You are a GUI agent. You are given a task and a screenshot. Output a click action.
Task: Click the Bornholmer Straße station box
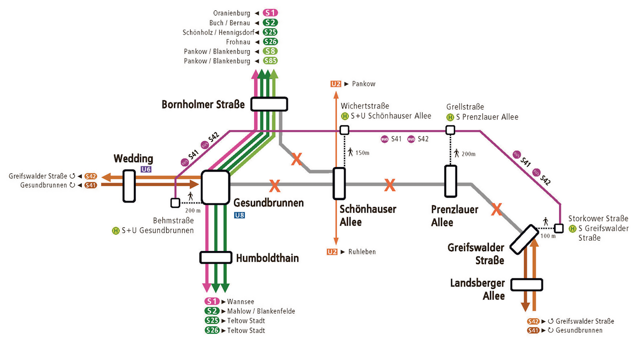coord(269,104)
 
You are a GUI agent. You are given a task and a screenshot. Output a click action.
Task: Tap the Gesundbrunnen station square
coord(215,187)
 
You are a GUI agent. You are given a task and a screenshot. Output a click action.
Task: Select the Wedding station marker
coord(129,186)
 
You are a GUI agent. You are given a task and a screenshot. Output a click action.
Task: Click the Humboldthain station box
coord(216,257)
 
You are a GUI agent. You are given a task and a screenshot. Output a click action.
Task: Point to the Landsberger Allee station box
coord(527,285)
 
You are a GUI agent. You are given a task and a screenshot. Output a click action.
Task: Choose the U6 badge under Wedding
coord(146,169)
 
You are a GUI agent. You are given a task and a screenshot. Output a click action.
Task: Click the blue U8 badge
coord(240,215)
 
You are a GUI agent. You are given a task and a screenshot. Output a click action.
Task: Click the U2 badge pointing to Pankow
coord(336,84)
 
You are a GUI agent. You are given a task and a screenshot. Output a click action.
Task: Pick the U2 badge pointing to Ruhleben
coord(332,252)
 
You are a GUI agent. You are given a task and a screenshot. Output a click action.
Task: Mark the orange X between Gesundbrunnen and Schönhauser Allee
coord(275,185)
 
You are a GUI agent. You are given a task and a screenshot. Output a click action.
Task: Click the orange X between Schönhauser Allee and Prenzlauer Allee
coord(390,185)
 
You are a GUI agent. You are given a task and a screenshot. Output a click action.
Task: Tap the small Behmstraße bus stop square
coord(175,203)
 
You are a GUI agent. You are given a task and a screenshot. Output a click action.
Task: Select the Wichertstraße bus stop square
coord(345,130)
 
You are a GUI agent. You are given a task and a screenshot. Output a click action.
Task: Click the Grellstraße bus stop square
coord(450,130)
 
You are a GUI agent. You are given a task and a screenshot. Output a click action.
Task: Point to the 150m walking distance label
coord(362,153)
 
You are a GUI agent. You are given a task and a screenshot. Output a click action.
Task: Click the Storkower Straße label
coord(598,218)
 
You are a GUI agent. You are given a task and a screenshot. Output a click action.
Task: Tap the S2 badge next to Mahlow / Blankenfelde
coord(212,311)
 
